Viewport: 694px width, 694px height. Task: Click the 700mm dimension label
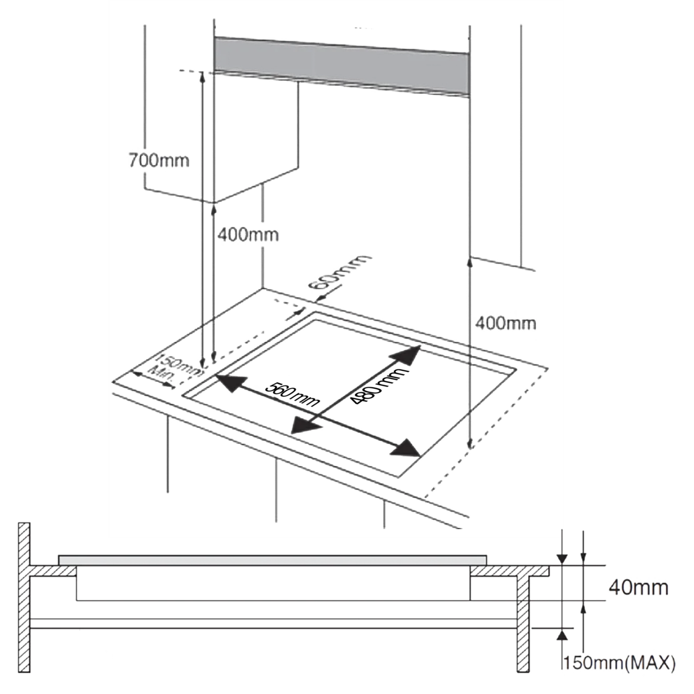(159, 160)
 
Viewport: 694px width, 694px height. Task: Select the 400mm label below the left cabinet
(248, 235)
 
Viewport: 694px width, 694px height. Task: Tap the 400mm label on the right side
(506, 323)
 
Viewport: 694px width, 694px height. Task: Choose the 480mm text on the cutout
(379, 385)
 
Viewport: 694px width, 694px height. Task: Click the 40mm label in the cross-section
(638, 588)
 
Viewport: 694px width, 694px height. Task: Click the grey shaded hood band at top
(342, 66)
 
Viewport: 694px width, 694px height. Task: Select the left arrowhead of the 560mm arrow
(231, 383)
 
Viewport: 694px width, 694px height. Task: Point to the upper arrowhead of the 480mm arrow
(406, 358)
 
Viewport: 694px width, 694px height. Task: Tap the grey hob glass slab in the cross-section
(272, 561)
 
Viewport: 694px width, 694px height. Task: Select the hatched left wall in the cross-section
(24, 598)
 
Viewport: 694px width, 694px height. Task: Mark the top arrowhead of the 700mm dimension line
(202, 76)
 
